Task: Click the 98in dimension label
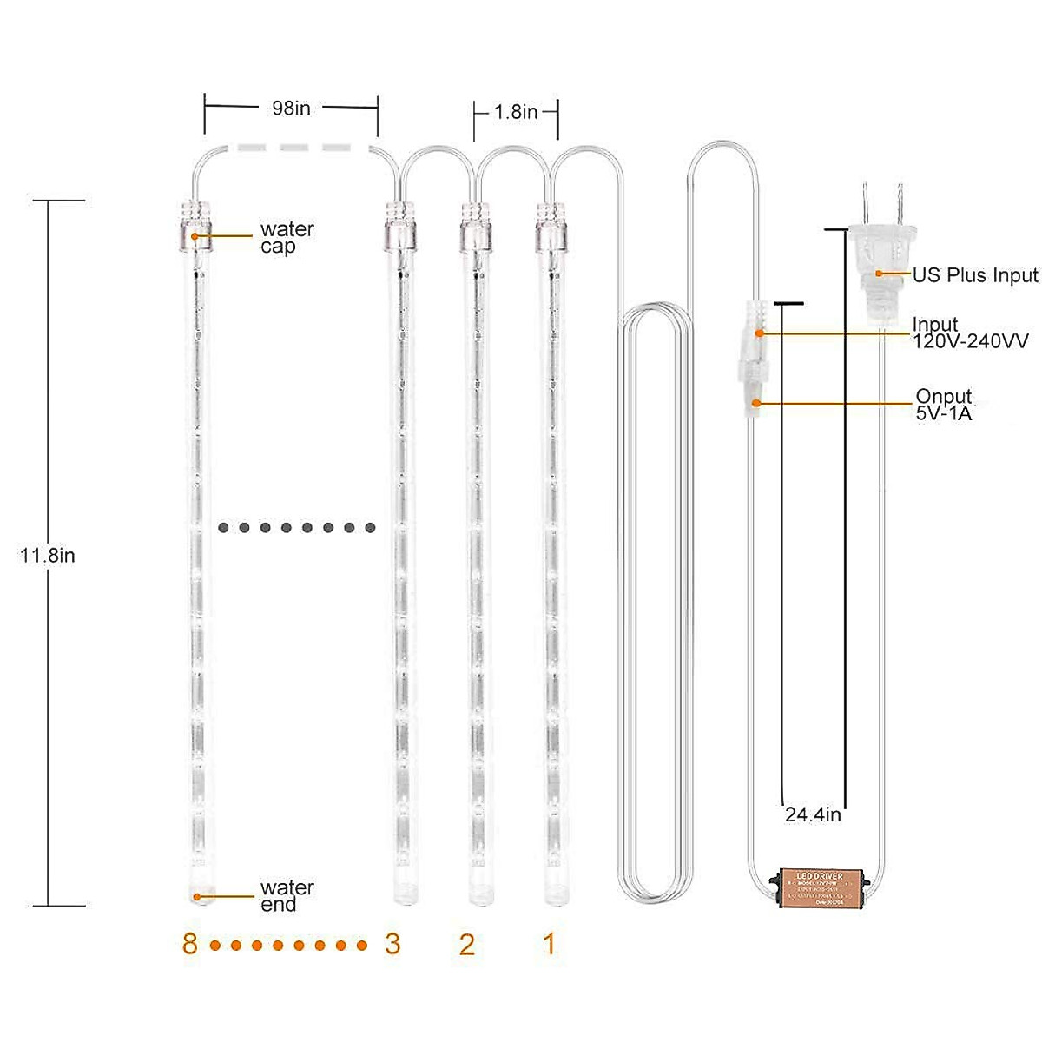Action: coord(291,109)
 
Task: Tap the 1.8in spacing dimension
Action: coord(516,112)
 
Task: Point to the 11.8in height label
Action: coord(48,556)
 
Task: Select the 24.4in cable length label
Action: coord(813,814)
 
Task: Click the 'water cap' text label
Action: coord(287,238)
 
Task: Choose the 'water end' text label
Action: coord(287,896)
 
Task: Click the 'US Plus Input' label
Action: coord(974,275)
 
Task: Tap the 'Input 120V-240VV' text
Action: coord(969,333)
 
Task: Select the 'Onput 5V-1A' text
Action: coord(944,405)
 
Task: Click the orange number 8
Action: coord(189,944)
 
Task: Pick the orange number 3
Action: coord(392,944)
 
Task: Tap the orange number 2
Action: coord(467,944)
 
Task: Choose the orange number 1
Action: coord(549,944)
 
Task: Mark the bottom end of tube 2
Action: coord(476,890)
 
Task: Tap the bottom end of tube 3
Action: coord(401,890)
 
